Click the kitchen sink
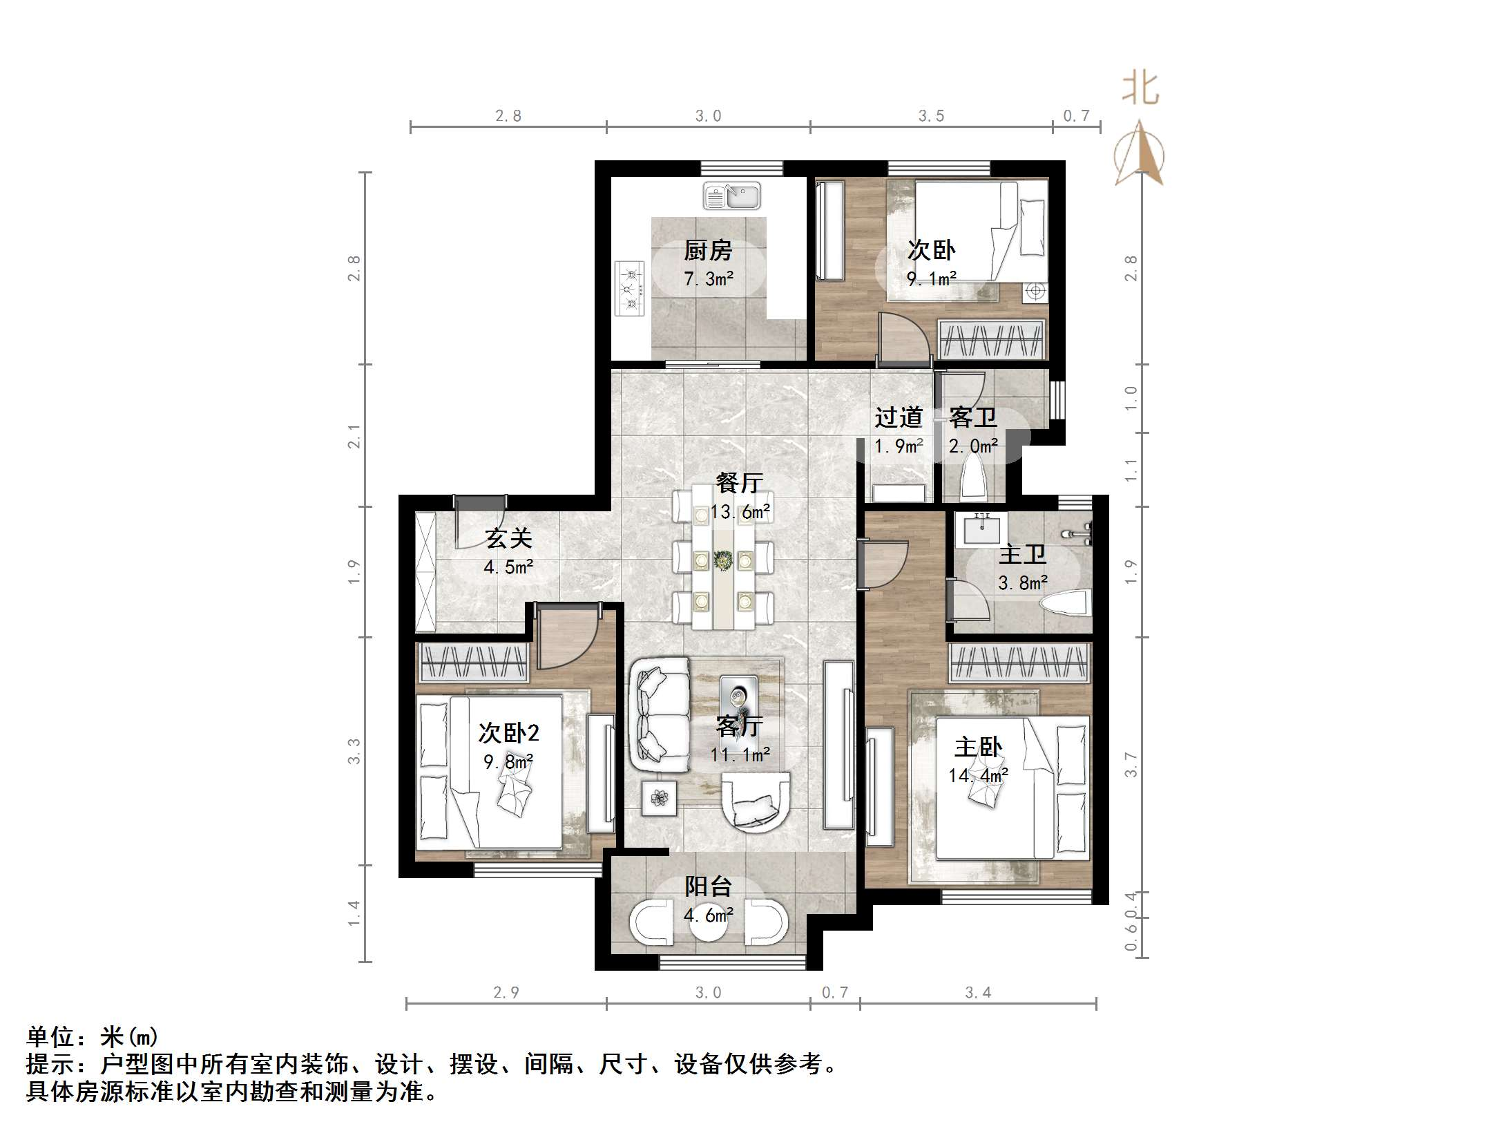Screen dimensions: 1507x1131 [x=731, y=196]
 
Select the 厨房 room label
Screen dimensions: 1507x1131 [x=708, y=250]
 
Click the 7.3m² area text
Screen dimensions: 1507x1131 [x=709, y=279]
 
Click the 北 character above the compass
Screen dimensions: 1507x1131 [x=1140, y=89]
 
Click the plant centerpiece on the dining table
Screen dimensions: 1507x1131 [x=723, y=560]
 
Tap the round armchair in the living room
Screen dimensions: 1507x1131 [x=756, y=801]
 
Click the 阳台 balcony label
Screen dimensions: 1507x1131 [x=708, y=886]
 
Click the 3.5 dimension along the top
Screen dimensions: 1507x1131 [x=931, y=116]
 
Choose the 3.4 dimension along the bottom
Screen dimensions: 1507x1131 [x=978, y=993]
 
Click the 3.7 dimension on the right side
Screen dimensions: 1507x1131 [x=1131, y=765]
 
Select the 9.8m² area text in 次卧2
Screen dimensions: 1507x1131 [x=508, y=762]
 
